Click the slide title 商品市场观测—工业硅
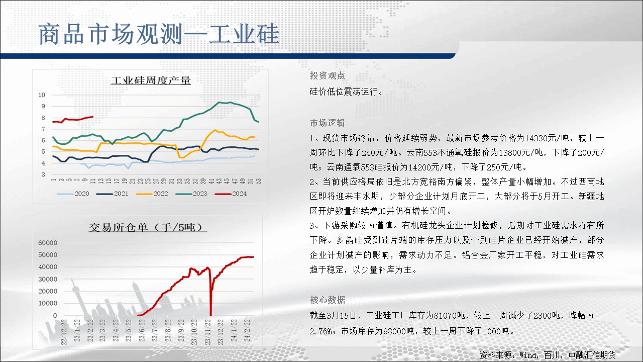pyautogui.click(x=159, y=35)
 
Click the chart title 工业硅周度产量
pyautogui.click(x=151, y=80)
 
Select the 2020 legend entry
pyautogui.click(x=73, y=194)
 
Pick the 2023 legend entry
pyautogui.click(x=191, y=194)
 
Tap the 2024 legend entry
pyautogui.click(x=231, y=194)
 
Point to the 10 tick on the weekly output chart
pyautogui.click(x=42, y=95)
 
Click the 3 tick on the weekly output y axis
pyautogui.click(x=43, y=174)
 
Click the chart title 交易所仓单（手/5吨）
pyautogui.click(x=148, y=227)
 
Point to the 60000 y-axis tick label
pyautogui.click(x=48, y=243)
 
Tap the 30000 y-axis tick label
pyautogui.click(x=48, y=279)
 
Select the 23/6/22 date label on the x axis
pyautogui.click(x=142, y=330)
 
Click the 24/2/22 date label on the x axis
pyautogui.click(x=247, y=330)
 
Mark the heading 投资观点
pyautogui.click(x=327, y=75)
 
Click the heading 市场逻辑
pyautogui.click(x=327, y=123)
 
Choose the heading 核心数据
pyautogui.click(x=327, y=300)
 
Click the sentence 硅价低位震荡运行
pyautogui.click(x=346, y=92)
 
